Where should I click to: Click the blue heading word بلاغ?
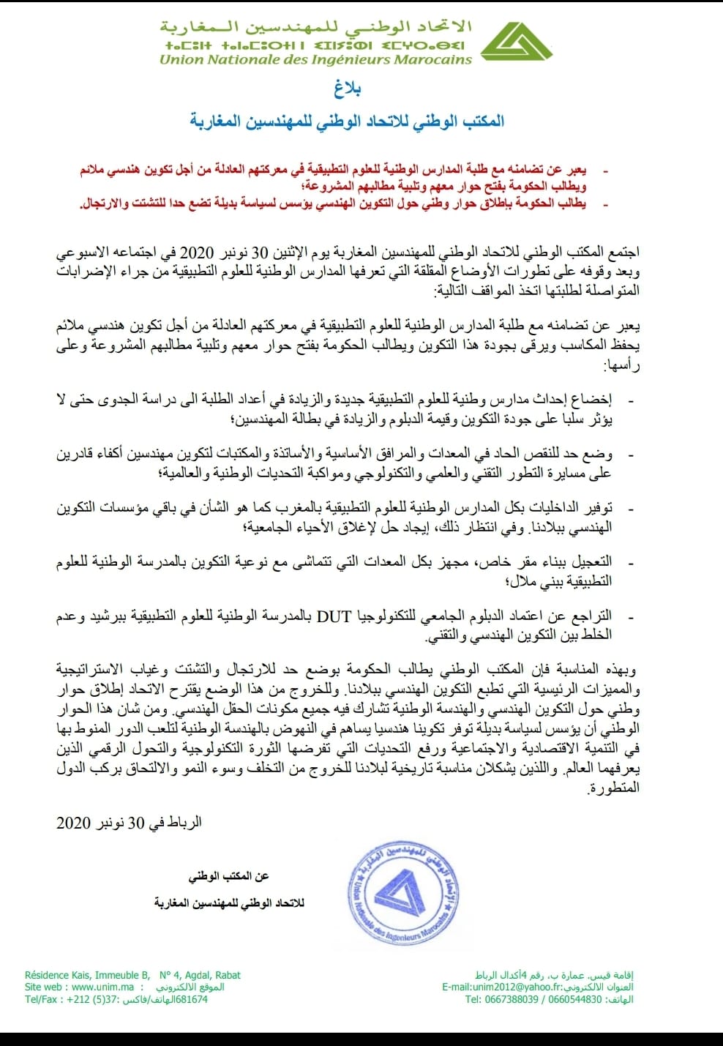pos(348,89)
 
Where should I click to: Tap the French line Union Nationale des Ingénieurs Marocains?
pos(315,59)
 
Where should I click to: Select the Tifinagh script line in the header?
pos(315,45)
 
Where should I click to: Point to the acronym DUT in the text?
pos(334,616)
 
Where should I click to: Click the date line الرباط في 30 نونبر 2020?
pos(129,823)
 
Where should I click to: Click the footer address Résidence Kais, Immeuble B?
pos(87,975)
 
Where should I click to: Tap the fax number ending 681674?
pos(190,999)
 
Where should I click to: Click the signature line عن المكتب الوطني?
pos(228,876)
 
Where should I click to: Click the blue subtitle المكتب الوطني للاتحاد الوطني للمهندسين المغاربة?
pos(348,121)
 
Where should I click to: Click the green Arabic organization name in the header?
pos(315,27)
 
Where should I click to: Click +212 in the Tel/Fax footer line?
pos(81,999)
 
